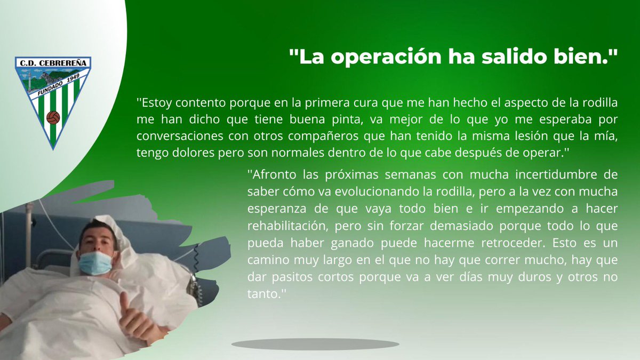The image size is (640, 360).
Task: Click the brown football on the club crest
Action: pos(52,117)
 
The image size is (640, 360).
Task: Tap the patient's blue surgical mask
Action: pos(96,263)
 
